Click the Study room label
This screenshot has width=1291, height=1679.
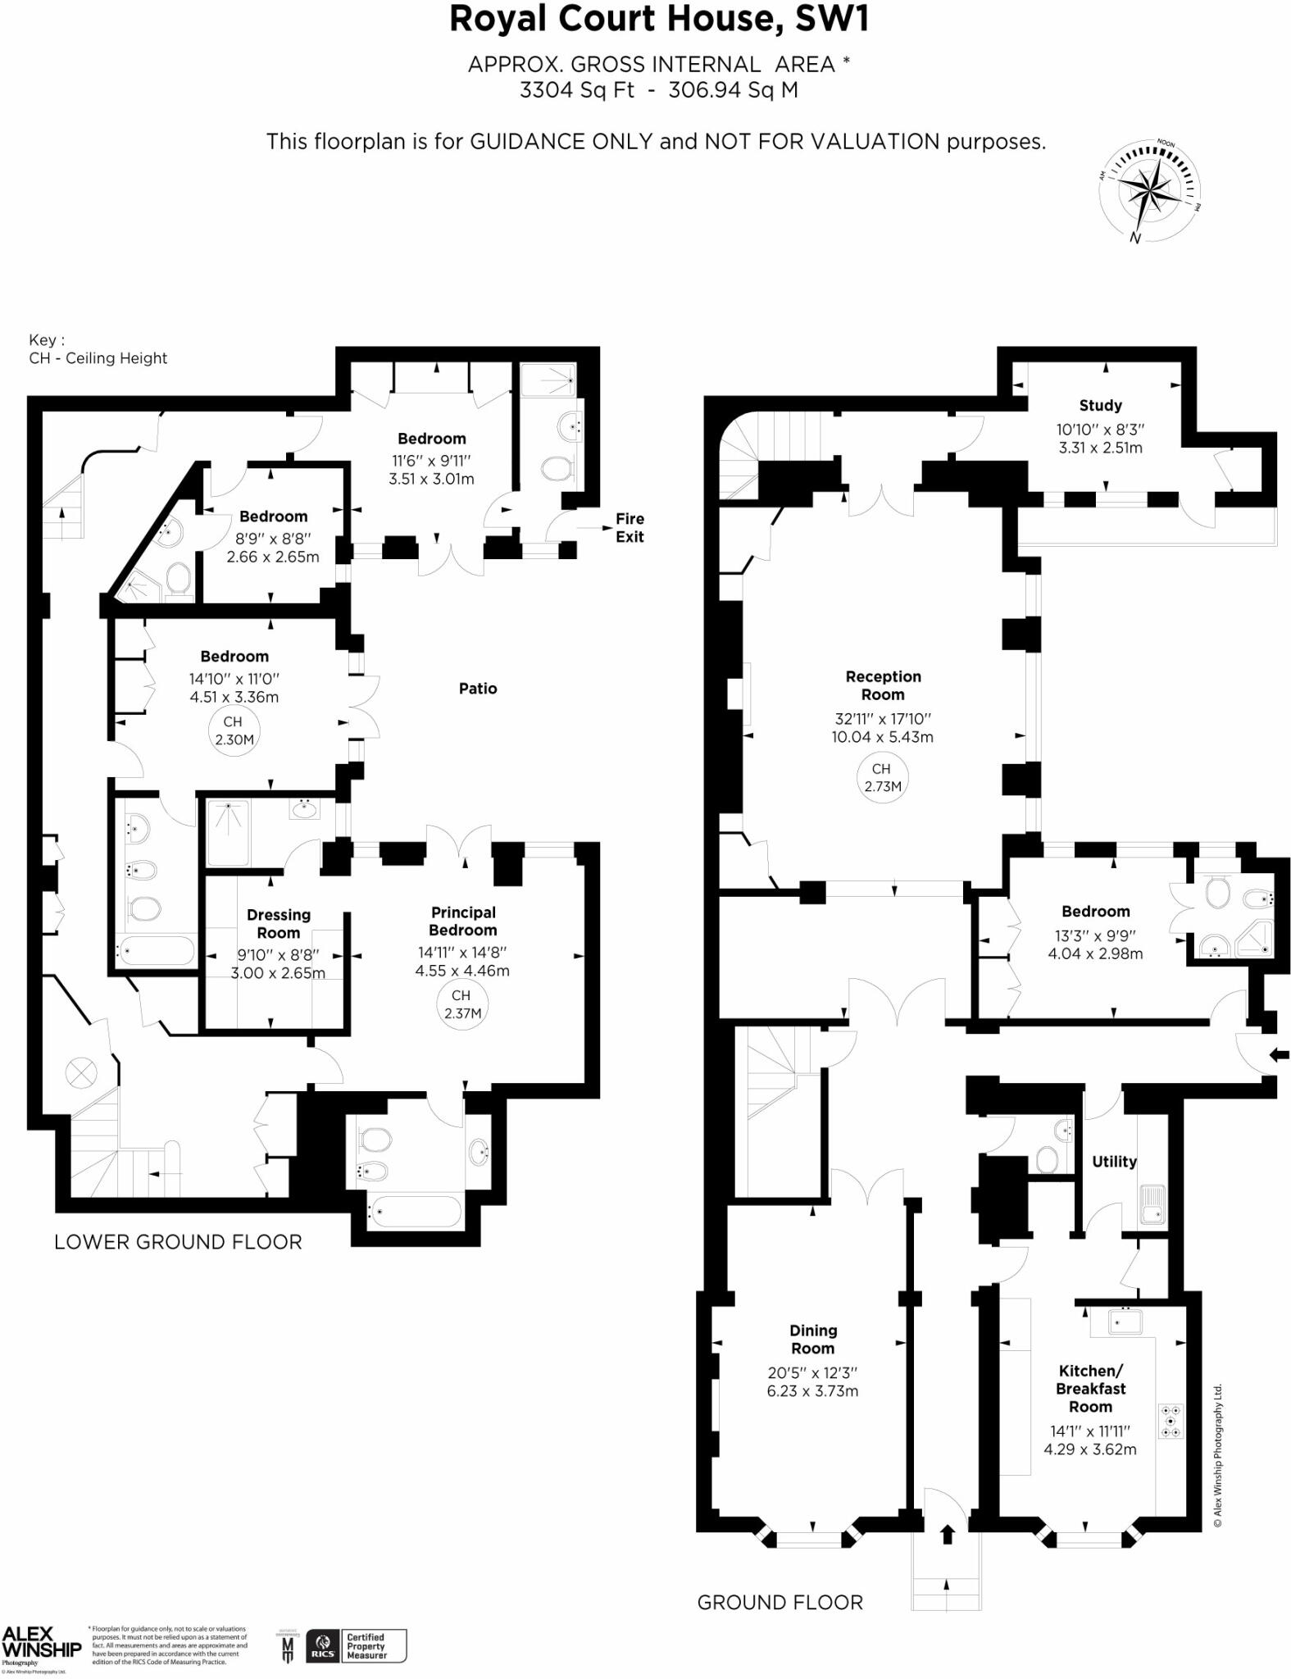pos(1100,405)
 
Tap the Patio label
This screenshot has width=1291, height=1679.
pos(478,689)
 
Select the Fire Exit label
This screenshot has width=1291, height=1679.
pos(630,528)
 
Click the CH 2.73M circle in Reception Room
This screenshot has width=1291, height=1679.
pos(881,777)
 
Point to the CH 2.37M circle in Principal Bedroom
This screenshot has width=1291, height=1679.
pos(461,1003)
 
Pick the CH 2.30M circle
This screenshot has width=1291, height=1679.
pos(234,730)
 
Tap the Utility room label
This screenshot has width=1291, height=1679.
pos(1114,1162)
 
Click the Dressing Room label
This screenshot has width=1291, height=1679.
pos(279,924)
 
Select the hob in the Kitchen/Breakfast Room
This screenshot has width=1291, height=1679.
pos(1171,1421)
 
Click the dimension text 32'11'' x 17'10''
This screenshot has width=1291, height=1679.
pos(883,718)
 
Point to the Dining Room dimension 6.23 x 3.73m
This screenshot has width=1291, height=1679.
pos(812,1390)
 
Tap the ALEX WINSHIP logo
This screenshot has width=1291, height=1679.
pos(41,1643)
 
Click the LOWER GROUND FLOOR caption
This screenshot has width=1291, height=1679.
pos(178,1241)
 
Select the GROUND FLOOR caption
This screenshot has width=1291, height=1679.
pos(780,1602)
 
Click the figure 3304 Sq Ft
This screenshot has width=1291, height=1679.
pos(576,90)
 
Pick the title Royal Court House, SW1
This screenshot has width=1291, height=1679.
pos(658,20)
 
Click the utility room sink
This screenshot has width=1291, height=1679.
pos(1152,1204)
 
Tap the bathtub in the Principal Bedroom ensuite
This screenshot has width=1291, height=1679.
pos(414,1211)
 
